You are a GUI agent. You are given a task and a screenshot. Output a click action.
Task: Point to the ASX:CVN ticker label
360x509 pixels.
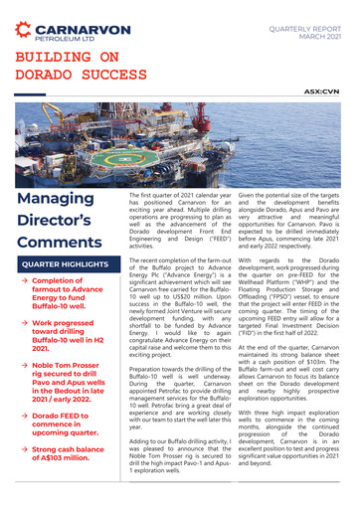click(322, 90)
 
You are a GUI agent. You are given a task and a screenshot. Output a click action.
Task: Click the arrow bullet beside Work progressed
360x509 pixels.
click(24, 323)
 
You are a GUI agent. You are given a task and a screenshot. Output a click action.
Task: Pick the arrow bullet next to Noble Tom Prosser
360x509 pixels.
click(24, 365)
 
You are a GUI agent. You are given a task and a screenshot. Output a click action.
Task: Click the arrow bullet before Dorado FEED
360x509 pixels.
click(24, 416)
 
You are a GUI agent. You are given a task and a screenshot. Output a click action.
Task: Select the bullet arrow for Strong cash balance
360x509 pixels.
click(24, 450)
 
